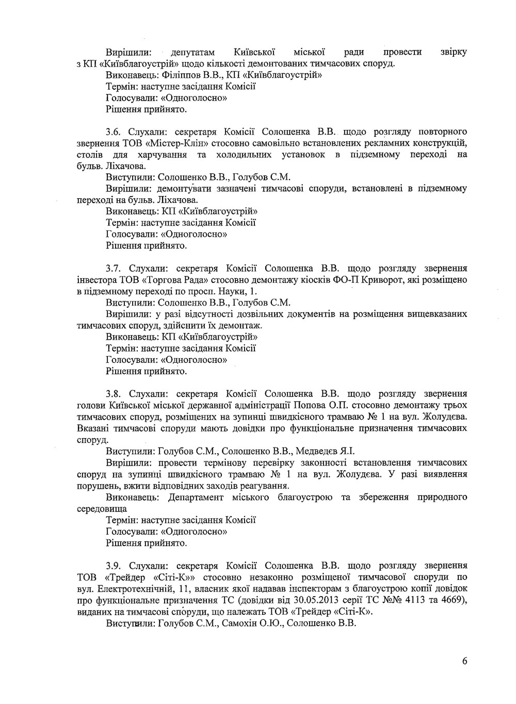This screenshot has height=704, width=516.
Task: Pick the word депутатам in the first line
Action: [x=192, y=52]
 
